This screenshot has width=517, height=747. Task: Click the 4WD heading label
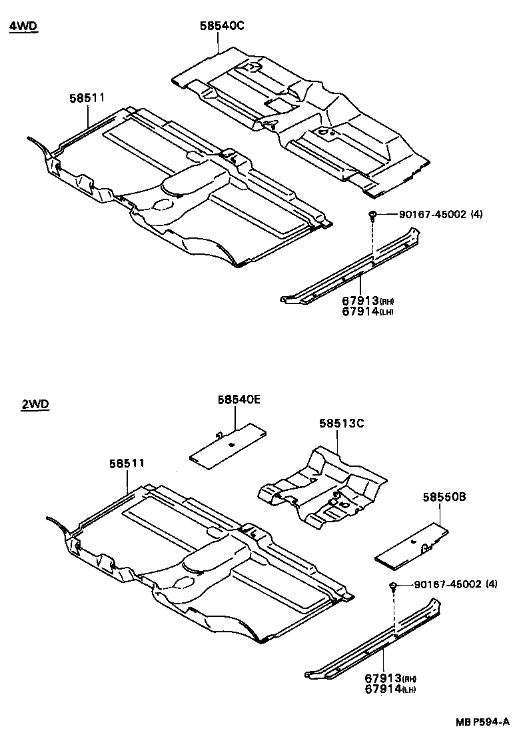[x=23, y=27]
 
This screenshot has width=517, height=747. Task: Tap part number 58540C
[x=222, y=26]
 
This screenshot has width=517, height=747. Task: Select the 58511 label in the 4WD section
[x=87, y=98]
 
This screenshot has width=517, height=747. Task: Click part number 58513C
[x=340, y=422]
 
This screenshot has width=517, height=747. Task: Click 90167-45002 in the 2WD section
[x=446, y=585]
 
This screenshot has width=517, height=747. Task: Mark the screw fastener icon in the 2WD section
[x=394, y=586]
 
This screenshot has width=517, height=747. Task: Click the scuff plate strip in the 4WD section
[x=353, y=267]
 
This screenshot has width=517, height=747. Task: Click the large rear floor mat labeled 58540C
[x=300, y=113]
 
